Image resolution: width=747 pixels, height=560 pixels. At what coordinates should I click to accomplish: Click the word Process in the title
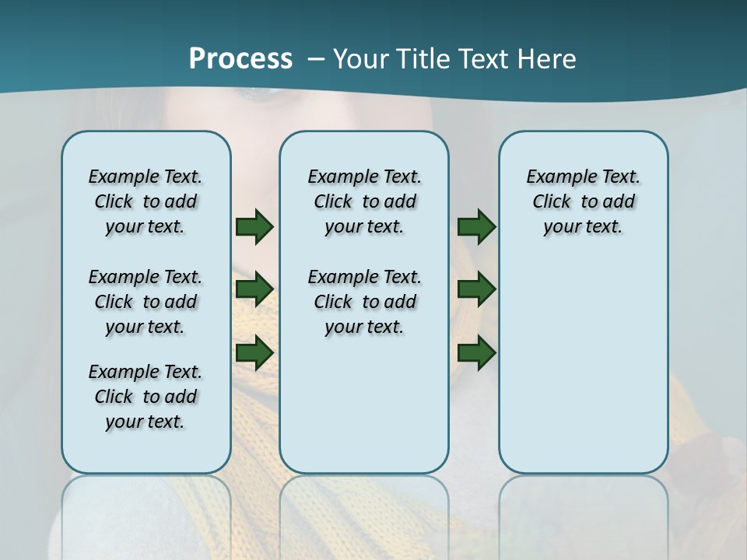point(240,59)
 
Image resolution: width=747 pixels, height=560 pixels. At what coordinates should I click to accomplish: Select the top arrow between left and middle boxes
point(254,227)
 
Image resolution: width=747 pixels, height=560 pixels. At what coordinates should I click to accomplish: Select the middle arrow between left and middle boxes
point(254,290)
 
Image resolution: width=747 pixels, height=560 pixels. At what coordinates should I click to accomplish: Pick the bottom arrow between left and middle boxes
point(254,352)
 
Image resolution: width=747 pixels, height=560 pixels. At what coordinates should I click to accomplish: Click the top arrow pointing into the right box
point(476,227)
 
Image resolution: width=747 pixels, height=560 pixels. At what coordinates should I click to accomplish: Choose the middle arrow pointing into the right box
point(476,290)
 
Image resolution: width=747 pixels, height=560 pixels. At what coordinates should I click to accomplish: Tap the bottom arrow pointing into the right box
point(476,352)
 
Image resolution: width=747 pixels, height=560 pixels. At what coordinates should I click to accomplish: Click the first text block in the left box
point(146,201)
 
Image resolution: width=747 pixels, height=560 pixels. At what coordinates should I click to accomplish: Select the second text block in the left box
point(146,302)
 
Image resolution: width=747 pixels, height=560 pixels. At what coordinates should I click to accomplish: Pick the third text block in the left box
point(146,397)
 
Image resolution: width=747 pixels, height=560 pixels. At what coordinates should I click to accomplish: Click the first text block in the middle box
point(364,201)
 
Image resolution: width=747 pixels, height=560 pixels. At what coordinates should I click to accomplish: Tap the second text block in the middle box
point(364,302)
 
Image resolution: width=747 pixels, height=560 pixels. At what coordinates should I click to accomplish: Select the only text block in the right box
point(583,201)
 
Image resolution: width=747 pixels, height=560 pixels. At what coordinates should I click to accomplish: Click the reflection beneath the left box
point(146,513)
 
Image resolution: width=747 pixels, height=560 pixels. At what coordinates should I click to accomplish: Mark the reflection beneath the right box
point(583,513)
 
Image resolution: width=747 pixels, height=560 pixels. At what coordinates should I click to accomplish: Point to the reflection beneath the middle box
point(364,513)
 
